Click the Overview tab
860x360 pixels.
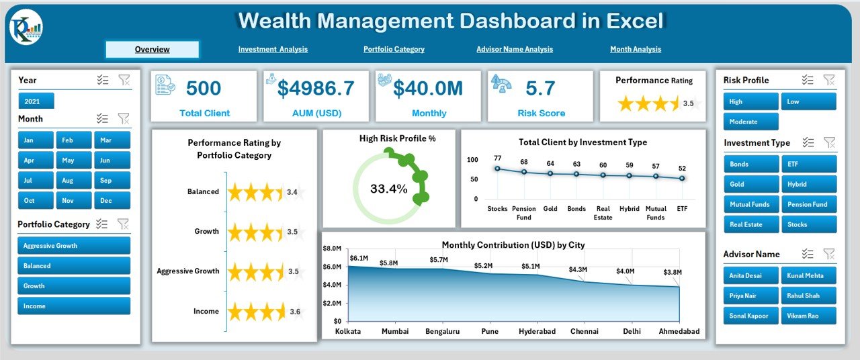153,49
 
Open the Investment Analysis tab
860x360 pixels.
273,49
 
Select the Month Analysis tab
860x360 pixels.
636,49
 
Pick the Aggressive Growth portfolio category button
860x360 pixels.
74,246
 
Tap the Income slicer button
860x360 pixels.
74,306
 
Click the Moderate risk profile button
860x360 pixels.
750,122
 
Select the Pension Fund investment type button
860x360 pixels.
808,204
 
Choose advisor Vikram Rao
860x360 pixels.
808,316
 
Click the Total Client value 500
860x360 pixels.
204,88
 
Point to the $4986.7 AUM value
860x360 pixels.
316,88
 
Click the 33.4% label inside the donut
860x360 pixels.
389,189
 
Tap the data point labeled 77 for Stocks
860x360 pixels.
497,169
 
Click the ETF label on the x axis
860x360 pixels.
682,209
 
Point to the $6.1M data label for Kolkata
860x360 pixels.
359,258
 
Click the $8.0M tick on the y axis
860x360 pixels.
332,249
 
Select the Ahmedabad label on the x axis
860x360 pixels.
679,331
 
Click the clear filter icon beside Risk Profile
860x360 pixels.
830,80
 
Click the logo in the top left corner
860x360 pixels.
26,28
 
